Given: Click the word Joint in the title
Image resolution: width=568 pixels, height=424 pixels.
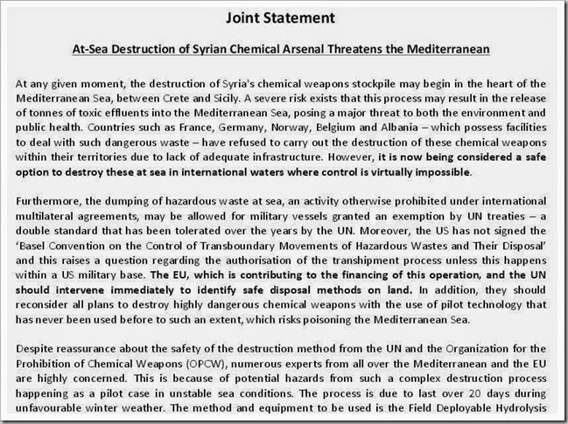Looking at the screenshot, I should [242, 16].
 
